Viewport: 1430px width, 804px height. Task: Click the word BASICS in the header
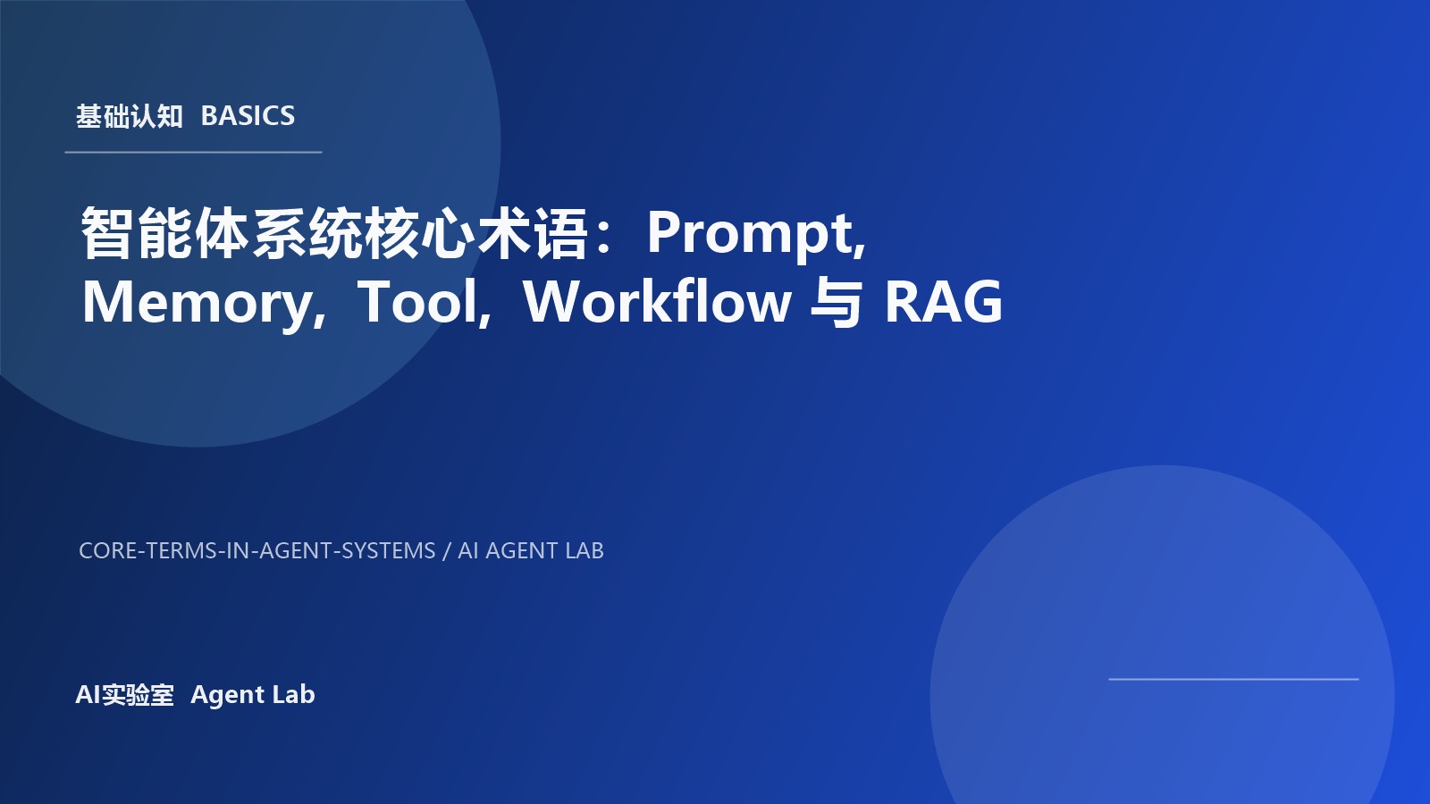(x=248, y=116)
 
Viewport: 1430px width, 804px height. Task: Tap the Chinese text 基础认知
(x=129, y=116)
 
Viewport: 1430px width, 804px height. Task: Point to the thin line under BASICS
(x=193, y=153)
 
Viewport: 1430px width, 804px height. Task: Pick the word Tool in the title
(x=420, y=302)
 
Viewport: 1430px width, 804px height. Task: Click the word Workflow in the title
(x=657, y=302)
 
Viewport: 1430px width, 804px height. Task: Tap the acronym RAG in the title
(x=943, y=302)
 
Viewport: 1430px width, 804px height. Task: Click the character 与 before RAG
(x=836, y=302)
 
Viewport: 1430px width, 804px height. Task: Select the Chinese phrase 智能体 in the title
(x=165, y=234)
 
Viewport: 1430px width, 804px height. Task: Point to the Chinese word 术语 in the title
(x=533, y=234)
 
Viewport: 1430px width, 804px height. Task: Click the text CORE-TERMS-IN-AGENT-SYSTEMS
(x=257, y=550)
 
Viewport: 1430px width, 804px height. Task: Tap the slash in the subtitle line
(x=447, y=550)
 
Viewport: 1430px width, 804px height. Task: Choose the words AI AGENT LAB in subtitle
(x=531, y=550)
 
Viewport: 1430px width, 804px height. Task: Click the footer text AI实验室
(x=124, y=695)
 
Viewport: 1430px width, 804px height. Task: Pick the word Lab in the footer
(x=294, y=695)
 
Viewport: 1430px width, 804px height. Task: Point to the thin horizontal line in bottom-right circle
(x=1233, y=679)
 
